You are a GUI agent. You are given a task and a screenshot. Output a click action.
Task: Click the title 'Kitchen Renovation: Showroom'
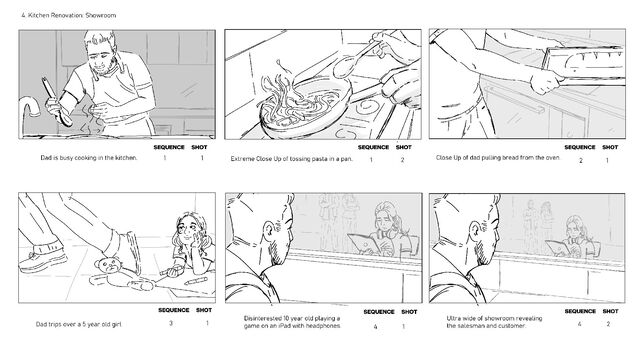(72, 16)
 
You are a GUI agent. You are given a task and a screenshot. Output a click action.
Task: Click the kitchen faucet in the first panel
(30, 115)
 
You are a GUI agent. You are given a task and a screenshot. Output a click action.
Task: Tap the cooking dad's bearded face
(102, 57)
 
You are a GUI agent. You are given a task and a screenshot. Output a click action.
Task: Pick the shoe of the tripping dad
(43, 260)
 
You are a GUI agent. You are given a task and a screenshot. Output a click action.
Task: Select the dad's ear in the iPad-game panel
(270, 231)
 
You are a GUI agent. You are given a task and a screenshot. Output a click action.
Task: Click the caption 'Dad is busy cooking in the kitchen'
(89, 158)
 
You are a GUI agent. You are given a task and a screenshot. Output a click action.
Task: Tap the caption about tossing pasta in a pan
(291, 159)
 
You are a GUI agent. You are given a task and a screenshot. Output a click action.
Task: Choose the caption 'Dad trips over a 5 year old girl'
(79, 324)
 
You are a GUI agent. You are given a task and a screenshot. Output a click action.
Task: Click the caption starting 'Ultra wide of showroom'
(494, 322)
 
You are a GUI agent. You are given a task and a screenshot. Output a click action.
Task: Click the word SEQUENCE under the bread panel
(580, 147)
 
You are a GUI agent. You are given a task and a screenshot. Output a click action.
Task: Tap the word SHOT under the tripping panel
(204, 310)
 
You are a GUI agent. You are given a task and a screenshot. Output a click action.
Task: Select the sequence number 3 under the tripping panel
(171, 323)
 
